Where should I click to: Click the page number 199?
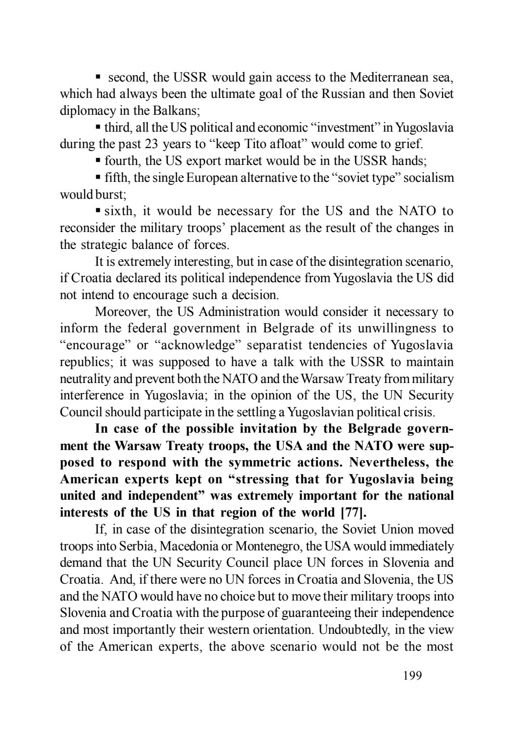(x=412, y=675)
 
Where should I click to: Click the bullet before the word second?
(x=98, y=77)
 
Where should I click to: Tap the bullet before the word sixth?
(x=98, y=210)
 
